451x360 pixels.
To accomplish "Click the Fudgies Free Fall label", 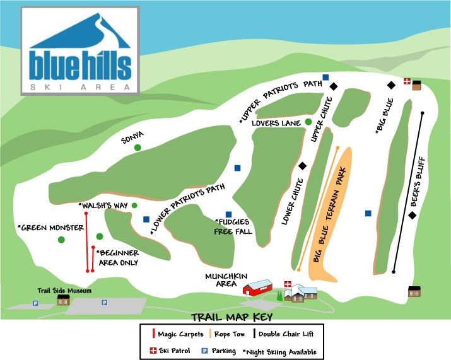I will (235, 226).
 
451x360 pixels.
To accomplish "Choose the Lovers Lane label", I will (275, 123).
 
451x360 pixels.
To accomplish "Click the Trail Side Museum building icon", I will (63, 300).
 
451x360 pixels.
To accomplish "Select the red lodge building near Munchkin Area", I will (257, 288).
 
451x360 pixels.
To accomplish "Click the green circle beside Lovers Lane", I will (308, 122).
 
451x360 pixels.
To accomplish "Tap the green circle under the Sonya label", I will (138, 147).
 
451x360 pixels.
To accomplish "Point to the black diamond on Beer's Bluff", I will (412, 216).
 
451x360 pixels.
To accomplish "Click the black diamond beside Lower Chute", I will (302, 166).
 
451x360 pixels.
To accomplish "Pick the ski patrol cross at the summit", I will (407, 82).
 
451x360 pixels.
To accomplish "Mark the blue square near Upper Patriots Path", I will (325, 78).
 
